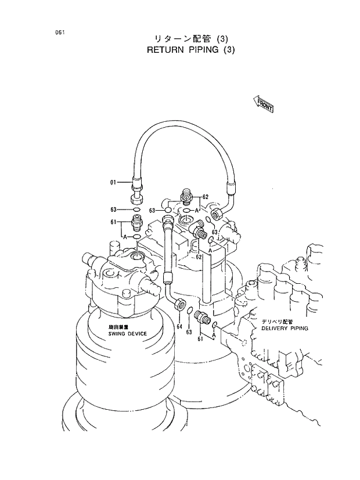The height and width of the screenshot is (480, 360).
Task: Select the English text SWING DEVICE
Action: (127, 334)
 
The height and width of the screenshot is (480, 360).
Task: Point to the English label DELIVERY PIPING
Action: (285, 328)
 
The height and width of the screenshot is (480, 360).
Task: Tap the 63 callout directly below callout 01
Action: (114, 209)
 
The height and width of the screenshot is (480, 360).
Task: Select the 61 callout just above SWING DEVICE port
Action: (114, 222)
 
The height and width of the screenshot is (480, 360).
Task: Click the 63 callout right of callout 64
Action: (189, 332)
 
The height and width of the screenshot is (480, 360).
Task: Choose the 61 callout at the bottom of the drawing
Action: (200, 338)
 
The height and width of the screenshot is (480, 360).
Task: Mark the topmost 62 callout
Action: (205, 197)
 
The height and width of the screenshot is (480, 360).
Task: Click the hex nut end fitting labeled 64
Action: (181, 303)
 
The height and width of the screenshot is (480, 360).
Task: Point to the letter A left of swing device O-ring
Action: (124, 237)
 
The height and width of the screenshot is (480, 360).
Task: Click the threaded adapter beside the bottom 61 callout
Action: (203, 317)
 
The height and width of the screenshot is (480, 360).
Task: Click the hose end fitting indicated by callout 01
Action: (136, 189)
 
